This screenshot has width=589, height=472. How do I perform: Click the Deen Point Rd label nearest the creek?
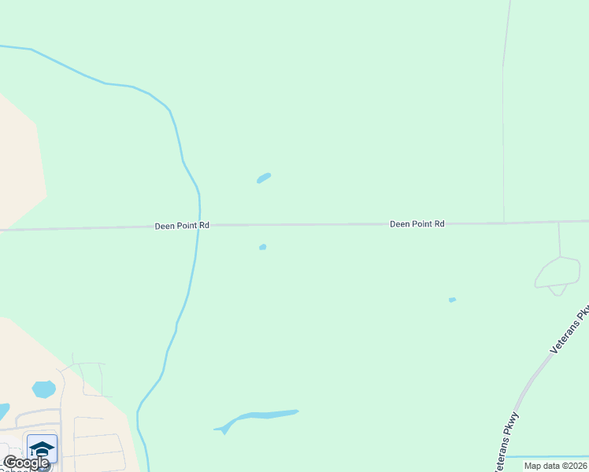(x=182, y=225)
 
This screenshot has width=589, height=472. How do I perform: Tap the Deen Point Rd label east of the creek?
(x=417, y=224)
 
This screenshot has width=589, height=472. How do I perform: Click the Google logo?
(x=25, y=463)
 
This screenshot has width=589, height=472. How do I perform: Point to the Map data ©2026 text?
(x=555, y=466)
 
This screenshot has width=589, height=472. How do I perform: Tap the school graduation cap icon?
(x=42, y=449)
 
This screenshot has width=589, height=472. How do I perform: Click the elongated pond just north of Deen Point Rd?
(x=264, y=178)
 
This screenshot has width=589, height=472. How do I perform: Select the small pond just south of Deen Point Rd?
(x=263, y=247)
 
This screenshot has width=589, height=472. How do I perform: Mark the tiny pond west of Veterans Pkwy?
(x=452, y=300)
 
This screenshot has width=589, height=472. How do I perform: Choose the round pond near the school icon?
(x=44, y=389)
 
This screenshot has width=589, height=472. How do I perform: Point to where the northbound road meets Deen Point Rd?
(x=504, y=223)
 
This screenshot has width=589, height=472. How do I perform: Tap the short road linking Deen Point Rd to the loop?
(x=559, y=239)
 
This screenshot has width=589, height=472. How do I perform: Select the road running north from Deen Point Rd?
(x=503, y=118)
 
